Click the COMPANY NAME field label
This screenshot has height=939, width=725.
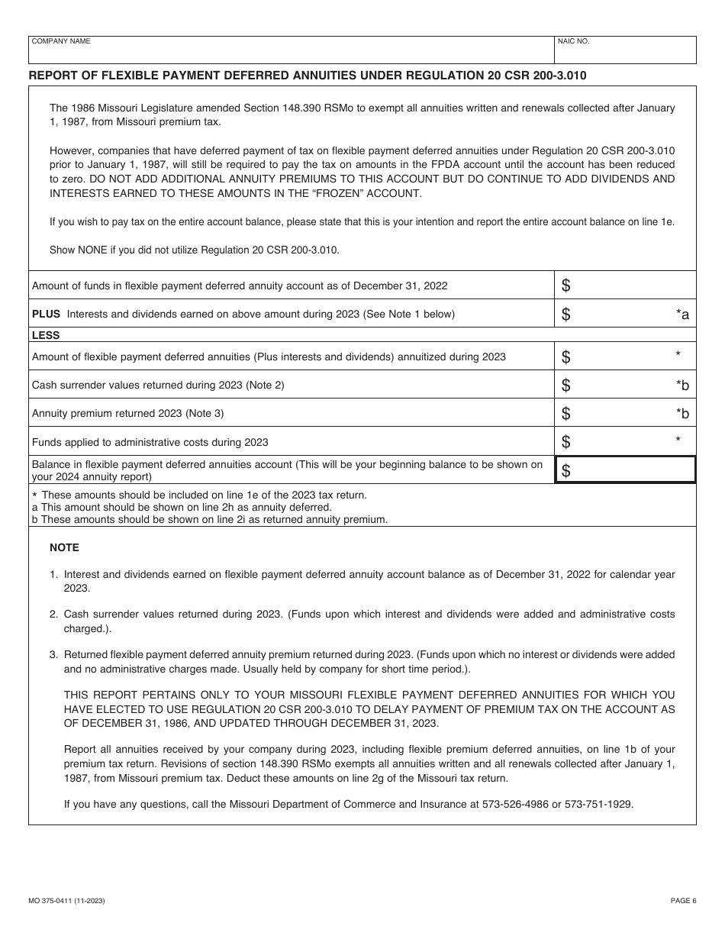[x=60, y=41]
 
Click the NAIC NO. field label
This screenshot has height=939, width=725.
[x=574, y=41]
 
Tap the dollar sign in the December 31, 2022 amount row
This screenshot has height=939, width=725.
[x=565, y=286]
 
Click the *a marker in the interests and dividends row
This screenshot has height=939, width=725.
[x=681, y=315]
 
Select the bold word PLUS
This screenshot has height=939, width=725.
[x=46, y=314]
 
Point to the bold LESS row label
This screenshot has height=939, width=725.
[x=46, y=335]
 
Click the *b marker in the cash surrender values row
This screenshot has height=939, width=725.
[x=681, y=386]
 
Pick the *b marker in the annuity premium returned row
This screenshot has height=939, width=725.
[x=681, y=414]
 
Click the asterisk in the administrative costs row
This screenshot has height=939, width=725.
[x=678, y=440]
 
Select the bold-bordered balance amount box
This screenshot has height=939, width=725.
[x=625, y=469]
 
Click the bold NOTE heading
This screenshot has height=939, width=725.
[x=64, y=547]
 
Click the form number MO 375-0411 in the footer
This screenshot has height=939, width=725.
[x=66, y=901]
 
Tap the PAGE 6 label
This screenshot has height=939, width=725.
[x=683, y=901]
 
